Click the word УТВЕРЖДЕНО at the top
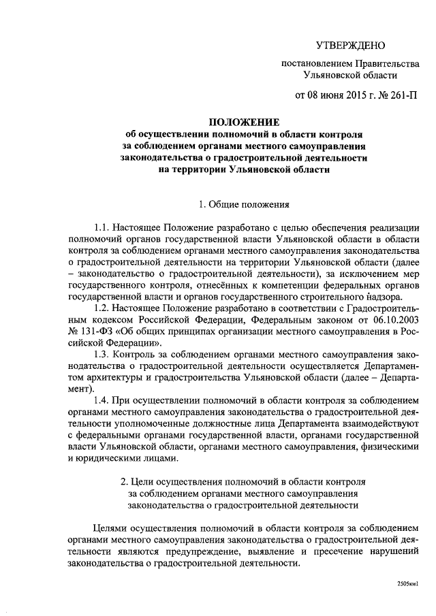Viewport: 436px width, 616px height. pos(351,46)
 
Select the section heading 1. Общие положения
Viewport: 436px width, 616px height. pos(244,204)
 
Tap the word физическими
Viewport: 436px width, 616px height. pos(389,448)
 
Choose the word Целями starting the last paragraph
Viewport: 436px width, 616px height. pos(110,529)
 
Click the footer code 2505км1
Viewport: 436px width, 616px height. pos(407,584)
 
